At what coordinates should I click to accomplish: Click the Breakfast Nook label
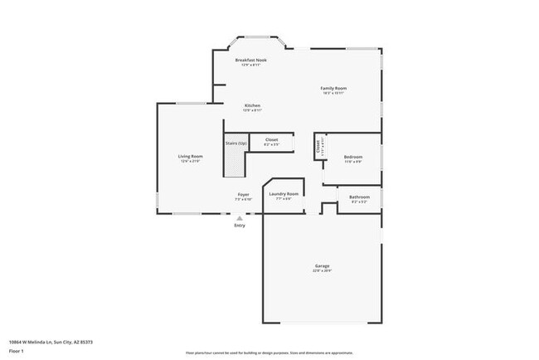point(250,60)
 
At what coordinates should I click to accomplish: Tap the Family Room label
point(333,88)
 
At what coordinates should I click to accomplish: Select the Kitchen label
point(252,105)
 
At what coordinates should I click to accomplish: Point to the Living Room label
point(191,156)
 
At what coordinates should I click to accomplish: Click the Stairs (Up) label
point(236,143)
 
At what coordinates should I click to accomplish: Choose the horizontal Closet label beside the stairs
point(271,139)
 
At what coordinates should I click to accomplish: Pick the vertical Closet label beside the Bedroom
point(318,147)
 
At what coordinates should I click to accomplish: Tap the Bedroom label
point(353,156)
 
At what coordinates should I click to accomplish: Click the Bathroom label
point(359,197)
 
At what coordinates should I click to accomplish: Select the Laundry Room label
point(284,194)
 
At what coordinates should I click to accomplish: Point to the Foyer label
point(242,194)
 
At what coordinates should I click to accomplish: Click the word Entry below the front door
point(240,226)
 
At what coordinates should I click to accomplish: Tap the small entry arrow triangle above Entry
point(240,218)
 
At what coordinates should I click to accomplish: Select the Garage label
point(322,266)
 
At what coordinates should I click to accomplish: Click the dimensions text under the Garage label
point(322,271)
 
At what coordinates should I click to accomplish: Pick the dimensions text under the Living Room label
point(191,161)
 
